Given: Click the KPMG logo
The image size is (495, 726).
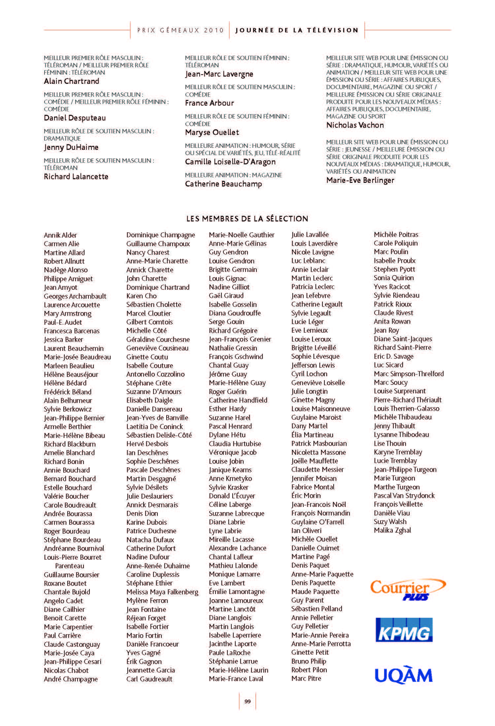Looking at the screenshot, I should [404, 630].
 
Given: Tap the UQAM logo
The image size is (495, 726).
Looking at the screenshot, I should [404, 675].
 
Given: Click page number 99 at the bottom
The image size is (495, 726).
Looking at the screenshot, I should [247, 701].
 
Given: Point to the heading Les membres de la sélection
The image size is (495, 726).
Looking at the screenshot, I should [247, 218].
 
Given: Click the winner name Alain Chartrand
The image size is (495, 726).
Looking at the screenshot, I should [71, 81].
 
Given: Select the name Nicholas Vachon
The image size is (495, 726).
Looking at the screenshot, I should [355, 125].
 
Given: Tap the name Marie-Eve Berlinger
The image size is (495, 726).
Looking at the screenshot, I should [360, 180].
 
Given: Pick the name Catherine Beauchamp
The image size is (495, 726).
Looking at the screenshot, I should [223, 184].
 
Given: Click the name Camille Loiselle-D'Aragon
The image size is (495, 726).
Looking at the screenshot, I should [230, 162].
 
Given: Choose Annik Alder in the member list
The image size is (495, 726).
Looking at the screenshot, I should [60, 235].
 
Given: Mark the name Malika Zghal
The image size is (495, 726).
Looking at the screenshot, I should [392, 530].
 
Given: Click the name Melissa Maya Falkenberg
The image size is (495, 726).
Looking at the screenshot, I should [162, 592].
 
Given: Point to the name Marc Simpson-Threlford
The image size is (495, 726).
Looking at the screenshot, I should [409, 374].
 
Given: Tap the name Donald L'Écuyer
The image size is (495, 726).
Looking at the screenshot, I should [232, 496].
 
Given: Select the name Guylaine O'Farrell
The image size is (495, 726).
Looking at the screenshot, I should [317, 522].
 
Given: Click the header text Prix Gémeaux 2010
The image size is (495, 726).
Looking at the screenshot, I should [181, 30].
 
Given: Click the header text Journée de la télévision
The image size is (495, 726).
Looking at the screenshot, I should [297, 30].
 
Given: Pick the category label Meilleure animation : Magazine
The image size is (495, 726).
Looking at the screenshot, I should [233, 175].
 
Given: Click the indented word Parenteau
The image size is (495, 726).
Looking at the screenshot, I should [69, 566].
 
